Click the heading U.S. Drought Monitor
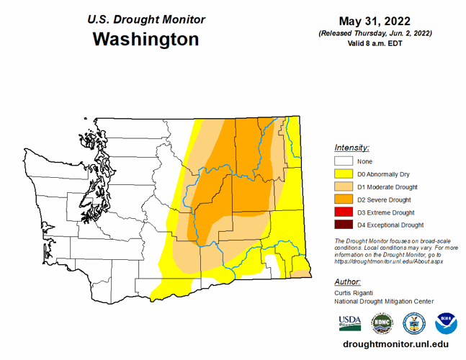[146, 19]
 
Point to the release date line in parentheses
[377, 34]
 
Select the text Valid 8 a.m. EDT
[377, 45]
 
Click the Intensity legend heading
[351, 147]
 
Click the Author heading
[348, 282]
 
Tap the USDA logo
[349, 322]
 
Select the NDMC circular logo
[382, 323]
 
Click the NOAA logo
[446, 323]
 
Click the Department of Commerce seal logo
[414, 323]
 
